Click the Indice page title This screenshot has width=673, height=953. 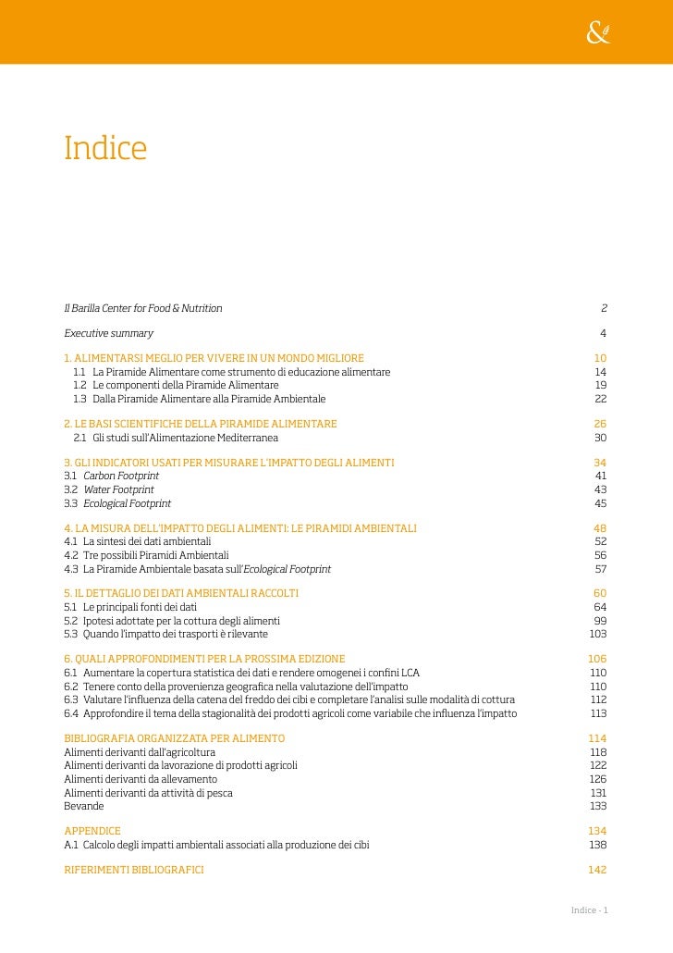click(105, 148)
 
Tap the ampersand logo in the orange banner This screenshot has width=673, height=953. click(598, 33)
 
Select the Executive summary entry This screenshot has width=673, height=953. click(108, 333)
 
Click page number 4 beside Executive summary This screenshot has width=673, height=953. click(603, 333)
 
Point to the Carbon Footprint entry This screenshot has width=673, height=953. click(120, 476)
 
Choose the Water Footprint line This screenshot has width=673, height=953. click(118, 489)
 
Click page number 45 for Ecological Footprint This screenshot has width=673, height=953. click(600, 503)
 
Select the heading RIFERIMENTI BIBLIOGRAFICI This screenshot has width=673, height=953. click(134, 871)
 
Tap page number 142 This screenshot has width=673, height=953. click(597, 871)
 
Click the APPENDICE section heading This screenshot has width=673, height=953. click(92, 831)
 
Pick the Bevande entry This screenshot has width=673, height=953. click(83, 806)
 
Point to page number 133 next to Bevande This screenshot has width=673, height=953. click(598, 806)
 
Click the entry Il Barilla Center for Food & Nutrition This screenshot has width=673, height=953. click(142, 308)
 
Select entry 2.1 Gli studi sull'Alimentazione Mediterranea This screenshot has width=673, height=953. click(176, 438)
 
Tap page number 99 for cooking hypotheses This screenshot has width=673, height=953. click(600, 620)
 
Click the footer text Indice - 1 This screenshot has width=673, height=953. click(589, 910)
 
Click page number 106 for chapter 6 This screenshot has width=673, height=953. click(597, 659)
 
